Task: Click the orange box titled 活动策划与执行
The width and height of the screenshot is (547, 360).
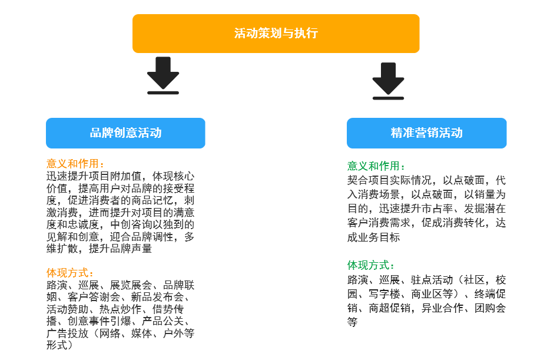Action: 276,34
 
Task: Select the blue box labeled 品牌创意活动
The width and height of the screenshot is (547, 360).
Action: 125,133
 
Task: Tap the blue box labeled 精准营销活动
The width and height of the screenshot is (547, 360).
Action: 427,133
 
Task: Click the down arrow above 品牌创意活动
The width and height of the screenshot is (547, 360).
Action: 163,75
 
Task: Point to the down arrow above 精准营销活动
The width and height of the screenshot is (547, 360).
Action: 388,81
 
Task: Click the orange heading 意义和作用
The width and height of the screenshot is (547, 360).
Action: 72,164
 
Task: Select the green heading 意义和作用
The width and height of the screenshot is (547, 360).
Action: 373,166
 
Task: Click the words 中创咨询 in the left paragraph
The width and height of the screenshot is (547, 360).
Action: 131,224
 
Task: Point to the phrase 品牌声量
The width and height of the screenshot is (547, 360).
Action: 131,249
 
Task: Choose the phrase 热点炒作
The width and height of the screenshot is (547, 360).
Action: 120,309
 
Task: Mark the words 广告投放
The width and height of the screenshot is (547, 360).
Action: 67,333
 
